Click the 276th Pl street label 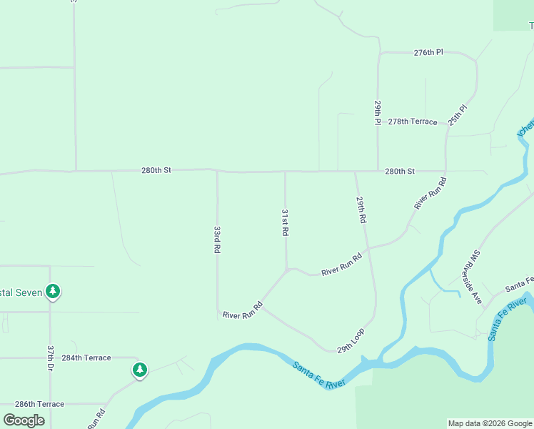pos(428,52)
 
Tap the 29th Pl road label pos(378,112)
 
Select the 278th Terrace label pos(413,122)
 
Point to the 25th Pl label pos(458,115)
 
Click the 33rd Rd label pos(217,240)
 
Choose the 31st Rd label pos(285,223)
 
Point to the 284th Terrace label pos(86,357)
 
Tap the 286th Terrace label pos(39,404)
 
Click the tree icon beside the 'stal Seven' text pos(52,291)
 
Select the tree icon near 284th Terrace pos(140,370)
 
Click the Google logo pos(24,420)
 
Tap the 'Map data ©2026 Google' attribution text pos(490,423)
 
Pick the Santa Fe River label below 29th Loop pos(319,375)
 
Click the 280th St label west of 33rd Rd pos(156,170)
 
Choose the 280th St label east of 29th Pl pos(400,172)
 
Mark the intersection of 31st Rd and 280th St pos(286,172)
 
